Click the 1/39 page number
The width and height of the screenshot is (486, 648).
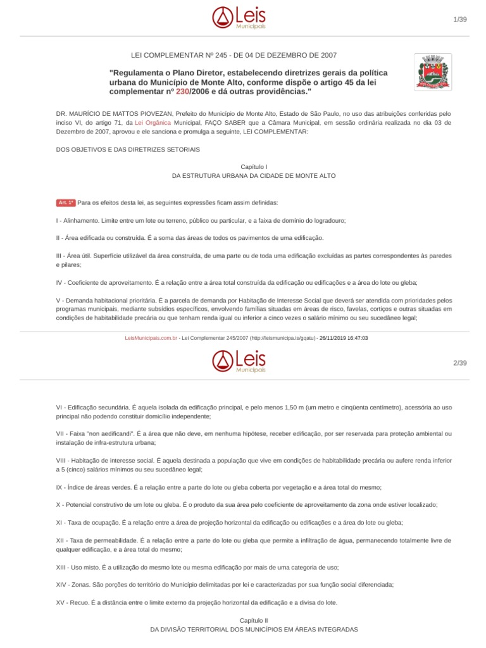459,20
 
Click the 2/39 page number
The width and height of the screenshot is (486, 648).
459,363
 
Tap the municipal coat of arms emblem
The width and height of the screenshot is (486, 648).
432,72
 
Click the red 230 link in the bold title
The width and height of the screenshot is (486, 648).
182,92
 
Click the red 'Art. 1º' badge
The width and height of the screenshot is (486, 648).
66,202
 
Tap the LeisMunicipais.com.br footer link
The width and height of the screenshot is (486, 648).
151,338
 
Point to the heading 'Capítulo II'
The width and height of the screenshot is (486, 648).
254,620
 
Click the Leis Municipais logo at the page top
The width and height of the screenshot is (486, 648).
239,18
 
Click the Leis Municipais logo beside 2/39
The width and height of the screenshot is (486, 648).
239,360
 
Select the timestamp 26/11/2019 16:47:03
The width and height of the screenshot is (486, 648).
344,338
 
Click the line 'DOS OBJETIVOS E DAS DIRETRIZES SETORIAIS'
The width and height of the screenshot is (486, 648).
128,149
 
